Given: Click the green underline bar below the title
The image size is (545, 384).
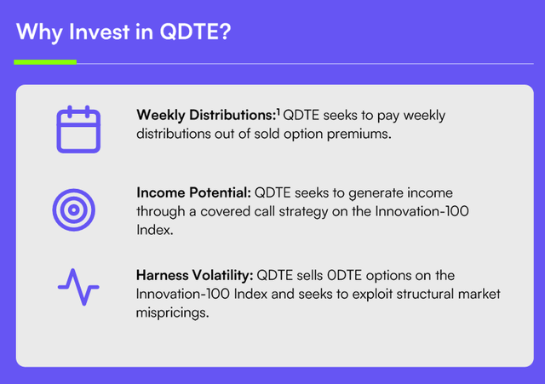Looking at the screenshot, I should point(45,61).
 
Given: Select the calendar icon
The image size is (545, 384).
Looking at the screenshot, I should point(78,130).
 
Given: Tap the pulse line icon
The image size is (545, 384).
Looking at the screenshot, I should point(78,287).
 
